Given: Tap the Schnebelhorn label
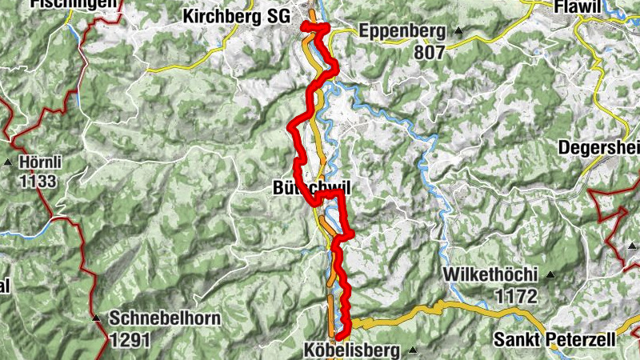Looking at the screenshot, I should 166,318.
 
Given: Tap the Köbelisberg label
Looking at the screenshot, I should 351,350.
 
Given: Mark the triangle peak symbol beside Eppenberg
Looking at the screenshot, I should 459,31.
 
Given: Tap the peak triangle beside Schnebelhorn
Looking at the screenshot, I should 97,318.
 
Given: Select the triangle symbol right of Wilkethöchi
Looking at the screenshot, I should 550,275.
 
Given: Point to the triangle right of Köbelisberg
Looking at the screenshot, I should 412,350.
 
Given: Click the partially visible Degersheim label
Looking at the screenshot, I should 598,147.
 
